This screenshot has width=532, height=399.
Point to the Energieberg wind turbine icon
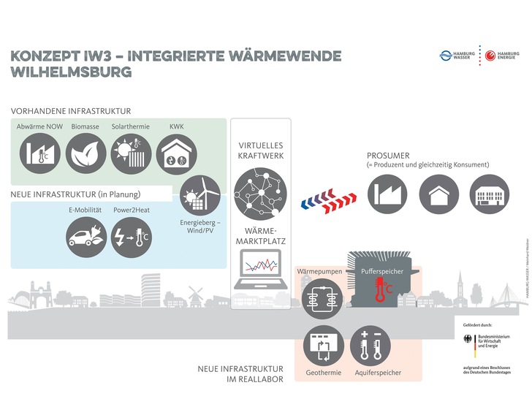(x=200, y=195)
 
